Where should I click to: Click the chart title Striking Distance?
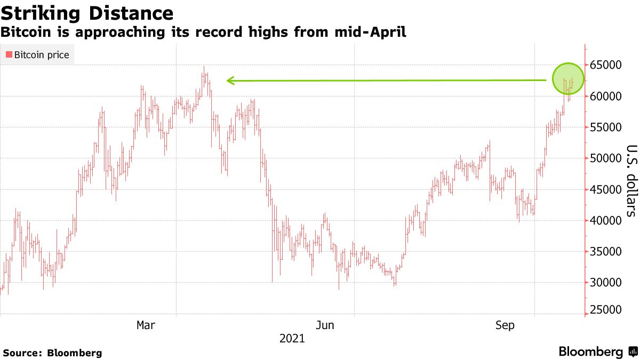click(87, 13)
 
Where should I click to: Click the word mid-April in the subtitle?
click(372, 33)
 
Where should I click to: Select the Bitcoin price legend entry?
click(37, 54)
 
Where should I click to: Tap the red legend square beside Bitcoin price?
click(9, 54)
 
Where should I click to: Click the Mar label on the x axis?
click(146, 325)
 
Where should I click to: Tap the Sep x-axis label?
click(505, 325)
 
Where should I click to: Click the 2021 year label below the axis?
click(292, 338)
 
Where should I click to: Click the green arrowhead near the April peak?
click(230, 81)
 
